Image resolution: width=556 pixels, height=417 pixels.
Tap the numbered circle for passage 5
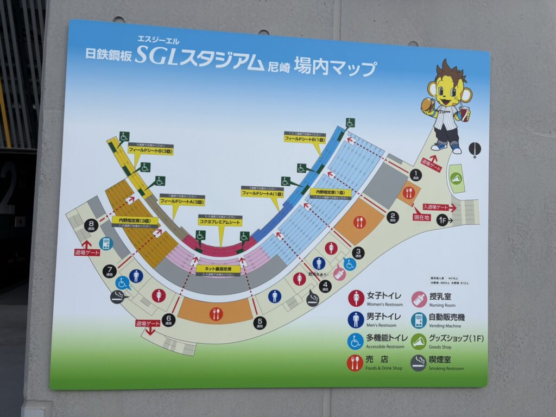pyautogui.click(x=260, y=323)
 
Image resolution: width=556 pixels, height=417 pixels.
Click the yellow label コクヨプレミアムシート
pyautogui.click(x=220, y=222)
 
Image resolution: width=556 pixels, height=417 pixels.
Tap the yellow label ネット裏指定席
pyautogui.click(x=218, y=268)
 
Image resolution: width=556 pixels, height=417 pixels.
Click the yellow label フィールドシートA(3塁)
pyautogui.click(x=182, y=201)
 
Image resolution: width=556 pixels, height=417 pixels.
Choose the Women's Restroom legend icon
pyautogui.click(x=356, y=298)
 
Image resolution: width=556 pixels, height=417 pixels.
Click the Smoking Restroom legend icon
pyautogui.click(x=418, y=363)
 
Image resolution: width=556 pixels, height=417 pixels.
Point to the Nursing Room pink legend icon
pyautogui.click(x=418, y=299)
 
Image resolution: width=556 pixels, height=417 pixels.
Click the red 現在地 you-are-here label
pyautogui.click(x=422, y=217)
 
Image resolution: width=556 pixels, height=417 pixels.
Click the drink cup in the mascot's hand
pyautogui.click(x=464, y=113)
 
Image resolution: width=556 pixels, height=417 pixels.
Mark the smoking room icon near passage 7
pyautogui.click(x=117, y=296)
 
